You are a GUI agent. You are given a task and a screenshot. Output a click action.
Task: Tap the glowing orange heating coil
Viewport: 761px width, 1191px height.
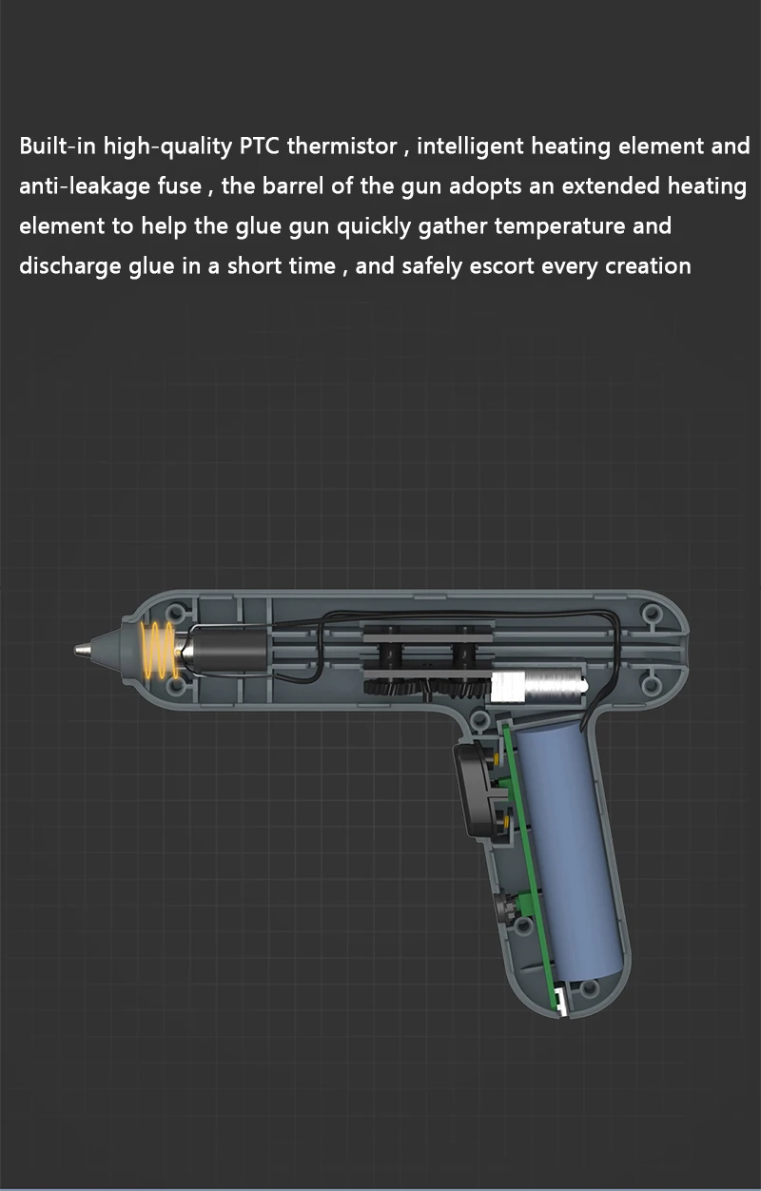[x=159, y=651]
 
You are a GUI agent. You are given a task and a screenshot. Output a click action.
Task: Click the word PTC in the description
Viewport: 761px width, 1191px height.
[x=260, y=146]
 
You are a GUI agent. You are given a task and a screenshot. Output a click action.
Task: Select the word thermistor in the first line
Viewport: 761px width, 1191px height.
[x=341, y=146]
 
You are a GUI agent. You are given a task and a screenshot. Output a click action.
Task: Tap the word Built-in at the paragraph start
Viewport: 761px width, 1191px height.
[x=58, y=146]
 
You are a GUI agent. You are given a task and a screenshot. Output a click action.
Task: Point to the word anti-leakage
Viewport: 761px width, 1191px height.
[x=85, y=186]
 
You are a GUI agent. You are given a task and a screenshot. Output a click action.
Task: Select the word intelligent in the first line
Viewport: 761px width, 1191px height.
[x=470, y=146]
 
